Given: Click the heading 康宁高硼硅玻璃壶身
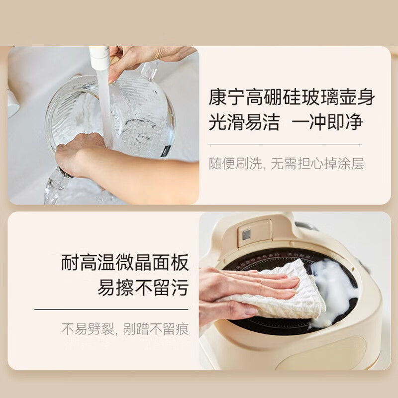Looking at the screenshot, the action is [x=292, y=97].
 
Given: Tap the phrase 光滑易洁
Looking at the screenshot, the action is [x=244, y=122].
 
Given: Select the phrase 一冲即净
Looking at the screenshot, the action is [x=327, y=122].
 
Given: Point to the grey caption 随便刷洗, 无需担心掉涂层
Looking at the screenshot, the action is [x=286, y=163].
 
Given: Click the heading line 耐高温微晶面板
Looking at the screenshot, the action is [x=125, y=263].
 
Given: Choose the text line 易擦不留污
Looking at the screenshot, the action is [x=143, y=288].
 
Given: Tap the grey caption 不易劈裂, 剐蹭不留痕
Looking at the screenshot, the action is [x=125, y=329].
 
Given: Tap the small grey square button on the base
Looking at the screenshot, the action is [x=246, y=234].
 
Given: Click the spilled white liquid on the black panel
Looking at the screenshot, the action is [x=332, y=292].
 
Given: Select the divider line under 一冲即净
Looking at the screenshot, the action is [x=285, y=144].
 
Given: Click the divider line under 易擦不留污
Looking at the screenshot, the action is [x=111, y=309].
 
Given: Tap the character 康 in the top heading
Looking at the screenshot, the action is [x=218, y=97].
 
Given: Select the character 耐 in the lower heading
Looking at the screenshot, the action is [x=70, y=263].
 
